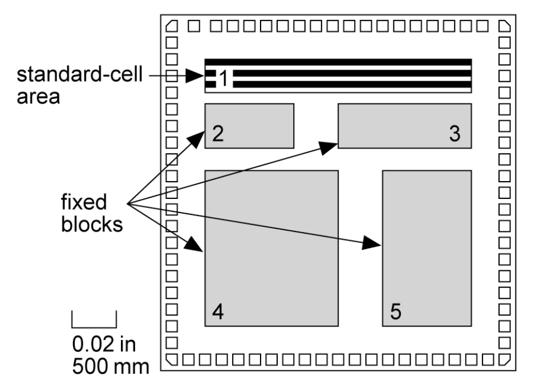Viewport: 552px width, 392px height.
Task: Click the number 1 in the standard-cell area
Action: [224, 79]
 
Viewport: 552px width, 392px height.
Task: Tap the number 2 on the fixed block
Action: [217, 134]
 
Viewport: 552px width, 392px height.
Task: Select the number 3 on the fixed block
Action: [454, 134]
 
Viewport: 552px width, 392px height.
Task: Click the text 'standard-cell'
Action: [80, 75]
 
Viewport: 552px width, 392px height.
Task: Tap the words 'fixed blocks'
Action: [92, 213]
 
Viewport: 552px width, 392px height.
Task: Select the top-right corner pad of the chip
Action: [504, 26]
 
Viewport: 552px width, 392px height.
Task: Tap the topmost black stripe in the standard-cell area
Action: [338, 61]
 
